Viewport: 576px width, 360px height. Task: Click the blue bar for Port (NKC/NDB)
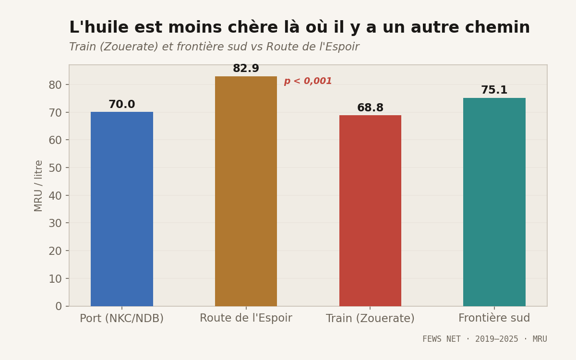point(122,209)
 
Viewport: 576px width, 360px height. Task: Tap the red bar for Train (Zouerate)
point(370,211)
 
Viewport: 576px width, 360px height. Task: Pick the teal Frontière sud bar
point(494,202)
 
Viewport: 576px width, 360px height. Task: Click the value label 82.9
point(246,69)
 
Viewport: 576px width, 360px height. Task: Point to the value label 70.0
point(122,105)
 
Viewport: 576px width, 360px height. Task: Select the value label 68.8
point(370,108)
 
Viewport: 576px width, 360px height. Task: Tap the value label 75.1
point(494,90)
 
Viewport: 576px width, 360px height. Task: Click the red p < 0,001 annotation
point(308,82)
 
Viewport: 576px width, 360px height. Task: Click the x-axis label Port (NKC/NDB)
point(122,318)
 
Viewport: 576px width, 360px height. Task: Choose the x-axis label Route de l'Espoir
point(246,318)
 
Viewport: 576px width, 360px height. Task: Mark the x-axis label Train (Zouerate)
point(370,318)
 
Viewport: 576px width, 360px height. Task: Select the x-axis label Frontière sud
point(494,318)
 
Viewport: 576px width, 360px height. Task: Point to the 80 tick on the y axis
point(55,85)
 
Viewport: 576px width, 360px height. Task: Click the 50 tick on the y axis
point(55,168)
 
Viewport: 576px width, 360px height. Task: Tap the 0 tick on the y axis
point(59,306)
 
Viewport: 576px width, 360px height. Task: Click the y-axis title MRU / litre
point(39,186)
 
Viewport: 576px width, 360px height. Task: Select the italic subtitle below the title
point(214,47)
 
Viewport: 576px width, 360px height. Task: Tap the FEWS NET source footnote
point(484,339)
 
